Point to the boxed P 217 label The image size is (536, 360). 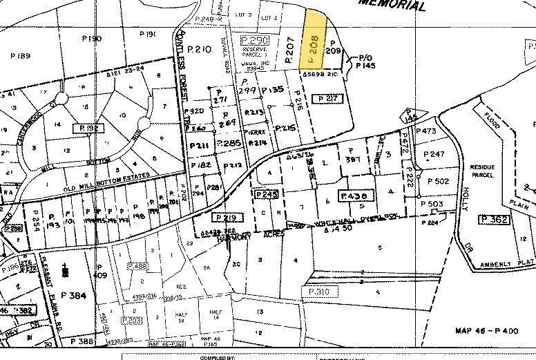328,99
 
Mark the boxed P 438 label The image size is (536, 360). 357,196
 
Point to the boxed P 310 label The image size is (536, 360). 320,292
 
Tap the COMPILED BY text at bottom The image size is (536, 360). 218,357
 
